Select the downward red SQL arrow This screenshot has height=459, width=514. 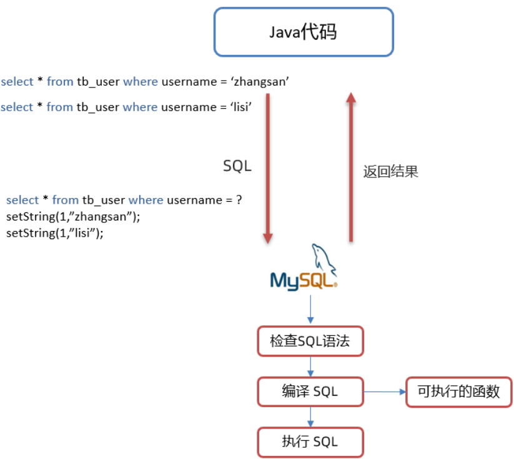[268, 169]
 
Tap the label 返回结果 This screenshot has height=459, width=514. [390, 172]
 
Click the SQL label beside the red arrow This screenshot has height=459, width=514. [237, 166]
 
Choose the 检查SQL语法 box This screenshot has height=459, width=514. [310, 342]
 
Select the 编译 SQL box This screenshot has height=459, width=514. [310, 392]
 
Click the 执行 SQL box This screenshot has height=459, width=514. [310, 442]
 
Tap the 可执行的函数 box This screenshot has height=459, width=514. [459, 392]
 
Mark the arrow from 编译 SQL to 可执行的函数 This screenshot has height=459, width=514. [384, 392]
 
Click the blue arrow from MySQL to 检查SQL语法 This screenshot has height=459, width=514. [310, 310]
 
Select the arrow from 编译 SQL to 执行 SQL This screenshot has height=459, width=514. [310, 417]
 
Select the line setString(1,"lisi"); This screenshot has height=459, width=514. [55, 233]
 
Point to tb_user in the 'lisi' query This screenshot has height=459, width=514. [97, 107]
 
